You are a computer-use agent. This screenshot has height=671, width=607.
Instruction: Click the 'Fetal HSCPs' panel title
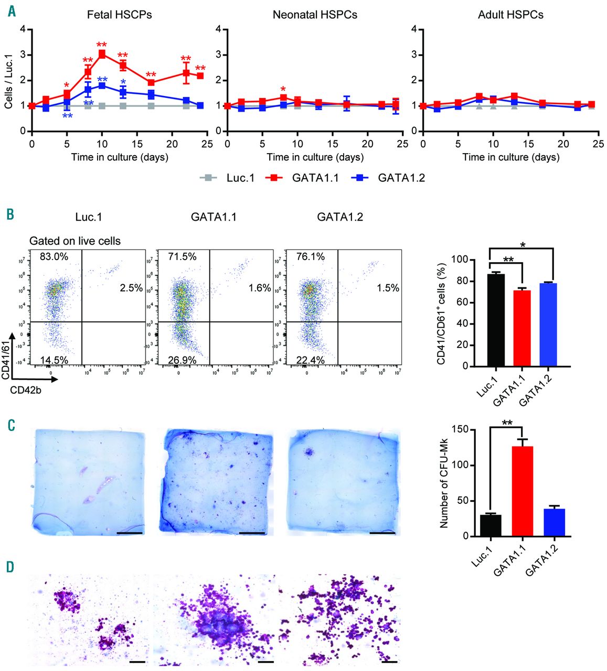[x=119, y=15]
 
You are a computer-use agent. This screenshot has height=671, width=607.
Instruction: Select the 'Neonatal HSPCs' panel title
[x=315, y=15]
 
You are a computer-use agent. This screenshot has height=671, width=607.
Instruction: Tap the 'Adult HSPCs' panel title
[x=510, y=15]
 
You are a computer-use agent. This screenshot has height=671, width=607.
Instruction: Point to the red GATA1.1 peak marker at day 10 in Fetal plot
[x=102, y=54]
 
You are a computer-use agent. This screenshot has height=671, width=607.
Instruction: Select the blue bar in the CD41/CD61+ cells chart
[x=548, y=324]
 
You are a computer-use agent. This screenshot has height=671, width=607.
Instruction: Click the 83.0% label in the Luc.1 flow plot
[x=53, y=257]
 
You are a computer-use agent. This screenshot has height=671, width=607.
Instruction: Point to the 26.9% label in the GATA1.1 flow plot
[x=182, y=360]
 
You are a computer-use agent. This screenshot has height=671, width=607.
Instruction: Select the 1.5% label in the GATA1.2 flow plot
[x=388, y=288]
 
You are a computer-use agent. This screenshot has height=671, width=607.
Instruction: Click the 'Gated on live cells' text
[x=74, y=241]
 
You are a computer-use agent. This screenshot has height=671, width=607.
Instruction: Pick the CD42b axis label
[x=25, y=390]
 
